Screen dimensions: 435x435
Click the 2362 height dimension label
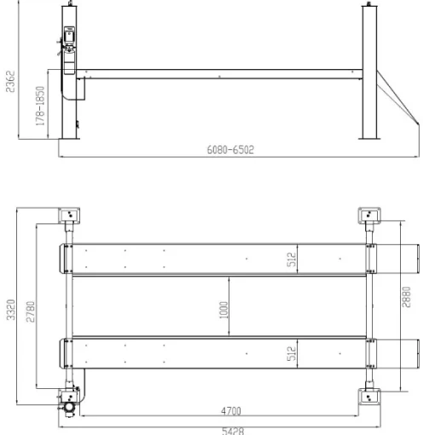pyautogui.click(x=10, y=82)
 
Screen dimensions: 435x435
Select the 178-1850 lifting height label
pyautogui.click(x=40, y=106)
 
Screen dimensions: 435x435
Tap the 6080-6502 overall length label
pyautogui.click(x=230, y=149)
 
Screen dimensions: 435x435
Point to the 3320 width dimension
pyautogui.click(x=11, y=310)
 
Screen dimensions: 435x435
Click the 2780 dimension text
pyautogui.click(x=31, y=311)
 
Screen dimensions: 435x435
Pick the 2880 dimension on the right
pyautogui.click(x=407, y=297)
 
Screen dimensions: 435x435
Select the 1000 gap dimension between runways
pyautogui.click(x=223, y=310)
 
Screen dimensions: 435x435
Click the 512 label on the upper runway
pyautogui.click(x=292, y=259)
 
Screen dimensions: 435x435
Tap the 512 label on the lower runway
pyautogui.click(x=292, y=353)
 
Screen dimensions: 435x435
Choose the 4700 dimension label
pyautogui.click(x=231, y=411)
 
